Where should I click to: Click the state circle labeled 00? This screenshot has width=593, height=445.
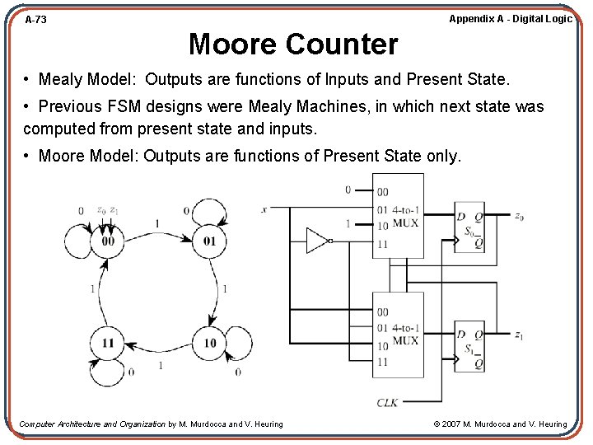click(x=108, y=241)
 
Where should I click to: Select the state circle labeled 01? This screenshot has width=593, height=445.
click(x=209, y=241)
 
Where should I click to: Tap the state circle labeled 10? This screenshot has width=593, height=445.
click(x=209, y=343)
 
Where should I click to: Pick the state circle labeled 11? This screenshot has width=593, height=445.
click(x=108, y=343)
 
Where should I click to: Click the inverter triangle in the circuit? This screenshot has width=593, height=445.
click(x=318, y=240)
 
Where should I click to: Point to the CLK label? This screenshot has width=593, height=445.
click(x=388, y=402)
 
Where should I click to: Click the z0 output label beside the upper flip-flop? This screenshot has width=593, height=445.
click(x=519, y=217)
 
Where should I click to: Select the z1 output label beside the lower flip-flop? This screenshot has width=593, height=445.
click(x=519, y=335)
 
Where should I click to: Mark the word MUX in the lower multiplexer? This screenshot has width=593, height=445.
click(x=404, y=340)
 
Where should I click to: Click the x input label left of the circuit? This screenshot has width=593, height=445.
click(x=264, y=209)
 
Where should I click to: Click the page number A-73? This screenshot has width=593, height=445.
click(x=35, y=19)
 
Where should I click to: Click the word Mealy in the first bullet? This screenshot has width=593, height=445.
click(x=61, y=80)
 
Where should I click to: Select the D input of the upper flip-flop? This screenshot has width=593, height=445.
click(x=461, y=217)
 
